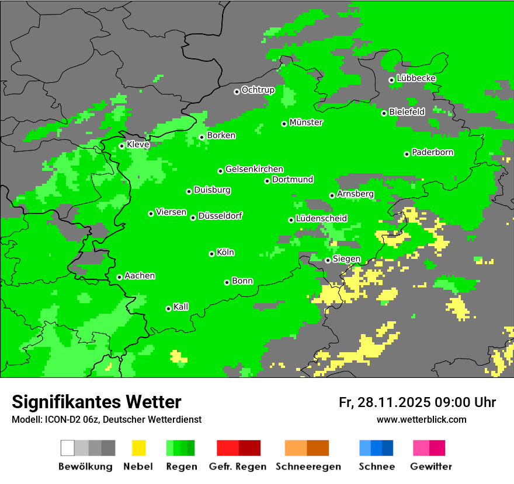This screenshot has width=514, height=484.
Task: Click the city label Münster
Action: [x=306, y=122]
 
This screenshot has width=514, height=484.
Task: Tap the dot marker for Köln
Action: [x=211, y=254]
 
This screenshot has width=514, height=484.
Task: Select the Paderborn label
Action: [x=432, y=152]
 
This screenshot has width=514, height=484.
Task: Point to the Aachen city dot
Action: [x=119, y=277]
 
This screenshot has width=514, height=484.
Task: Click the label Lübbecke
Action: [x=416, y=78]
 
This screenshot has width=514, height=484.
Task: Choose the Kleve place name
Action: [x=138, y=144]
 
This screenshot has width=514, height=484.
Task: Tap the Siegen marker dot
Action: [x=328, y=260]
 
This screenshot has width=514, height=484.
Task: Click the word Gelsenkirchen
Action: [x=254, y=169]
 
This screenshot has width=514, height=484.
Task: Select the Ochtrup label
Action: [x=258, y=90]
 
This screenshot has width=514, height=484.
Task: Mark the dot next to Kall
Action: [x=168, y=308]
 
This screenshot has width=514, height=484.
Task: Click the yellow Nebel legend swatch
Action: [x=138, y=448]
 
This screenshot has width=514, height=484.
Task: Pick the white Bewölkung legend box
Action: [x=68, y=448]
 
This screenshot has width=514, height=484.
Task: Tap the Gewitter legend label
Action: [x=430, y=467]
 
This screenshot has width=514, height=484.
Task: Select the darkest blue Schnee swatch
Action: [x=388, y=448]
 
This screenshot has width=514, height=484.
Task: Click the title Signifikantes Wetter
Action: [x=96, y=402]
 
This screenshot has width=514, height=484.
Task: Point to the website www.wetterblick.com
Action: [x=421, y=419]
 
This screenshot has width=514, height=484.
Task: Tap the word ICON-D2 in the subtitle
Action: [x=58, y=419]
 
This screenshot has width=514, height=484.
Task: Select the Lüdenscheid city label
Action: [x=321, y=218]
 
